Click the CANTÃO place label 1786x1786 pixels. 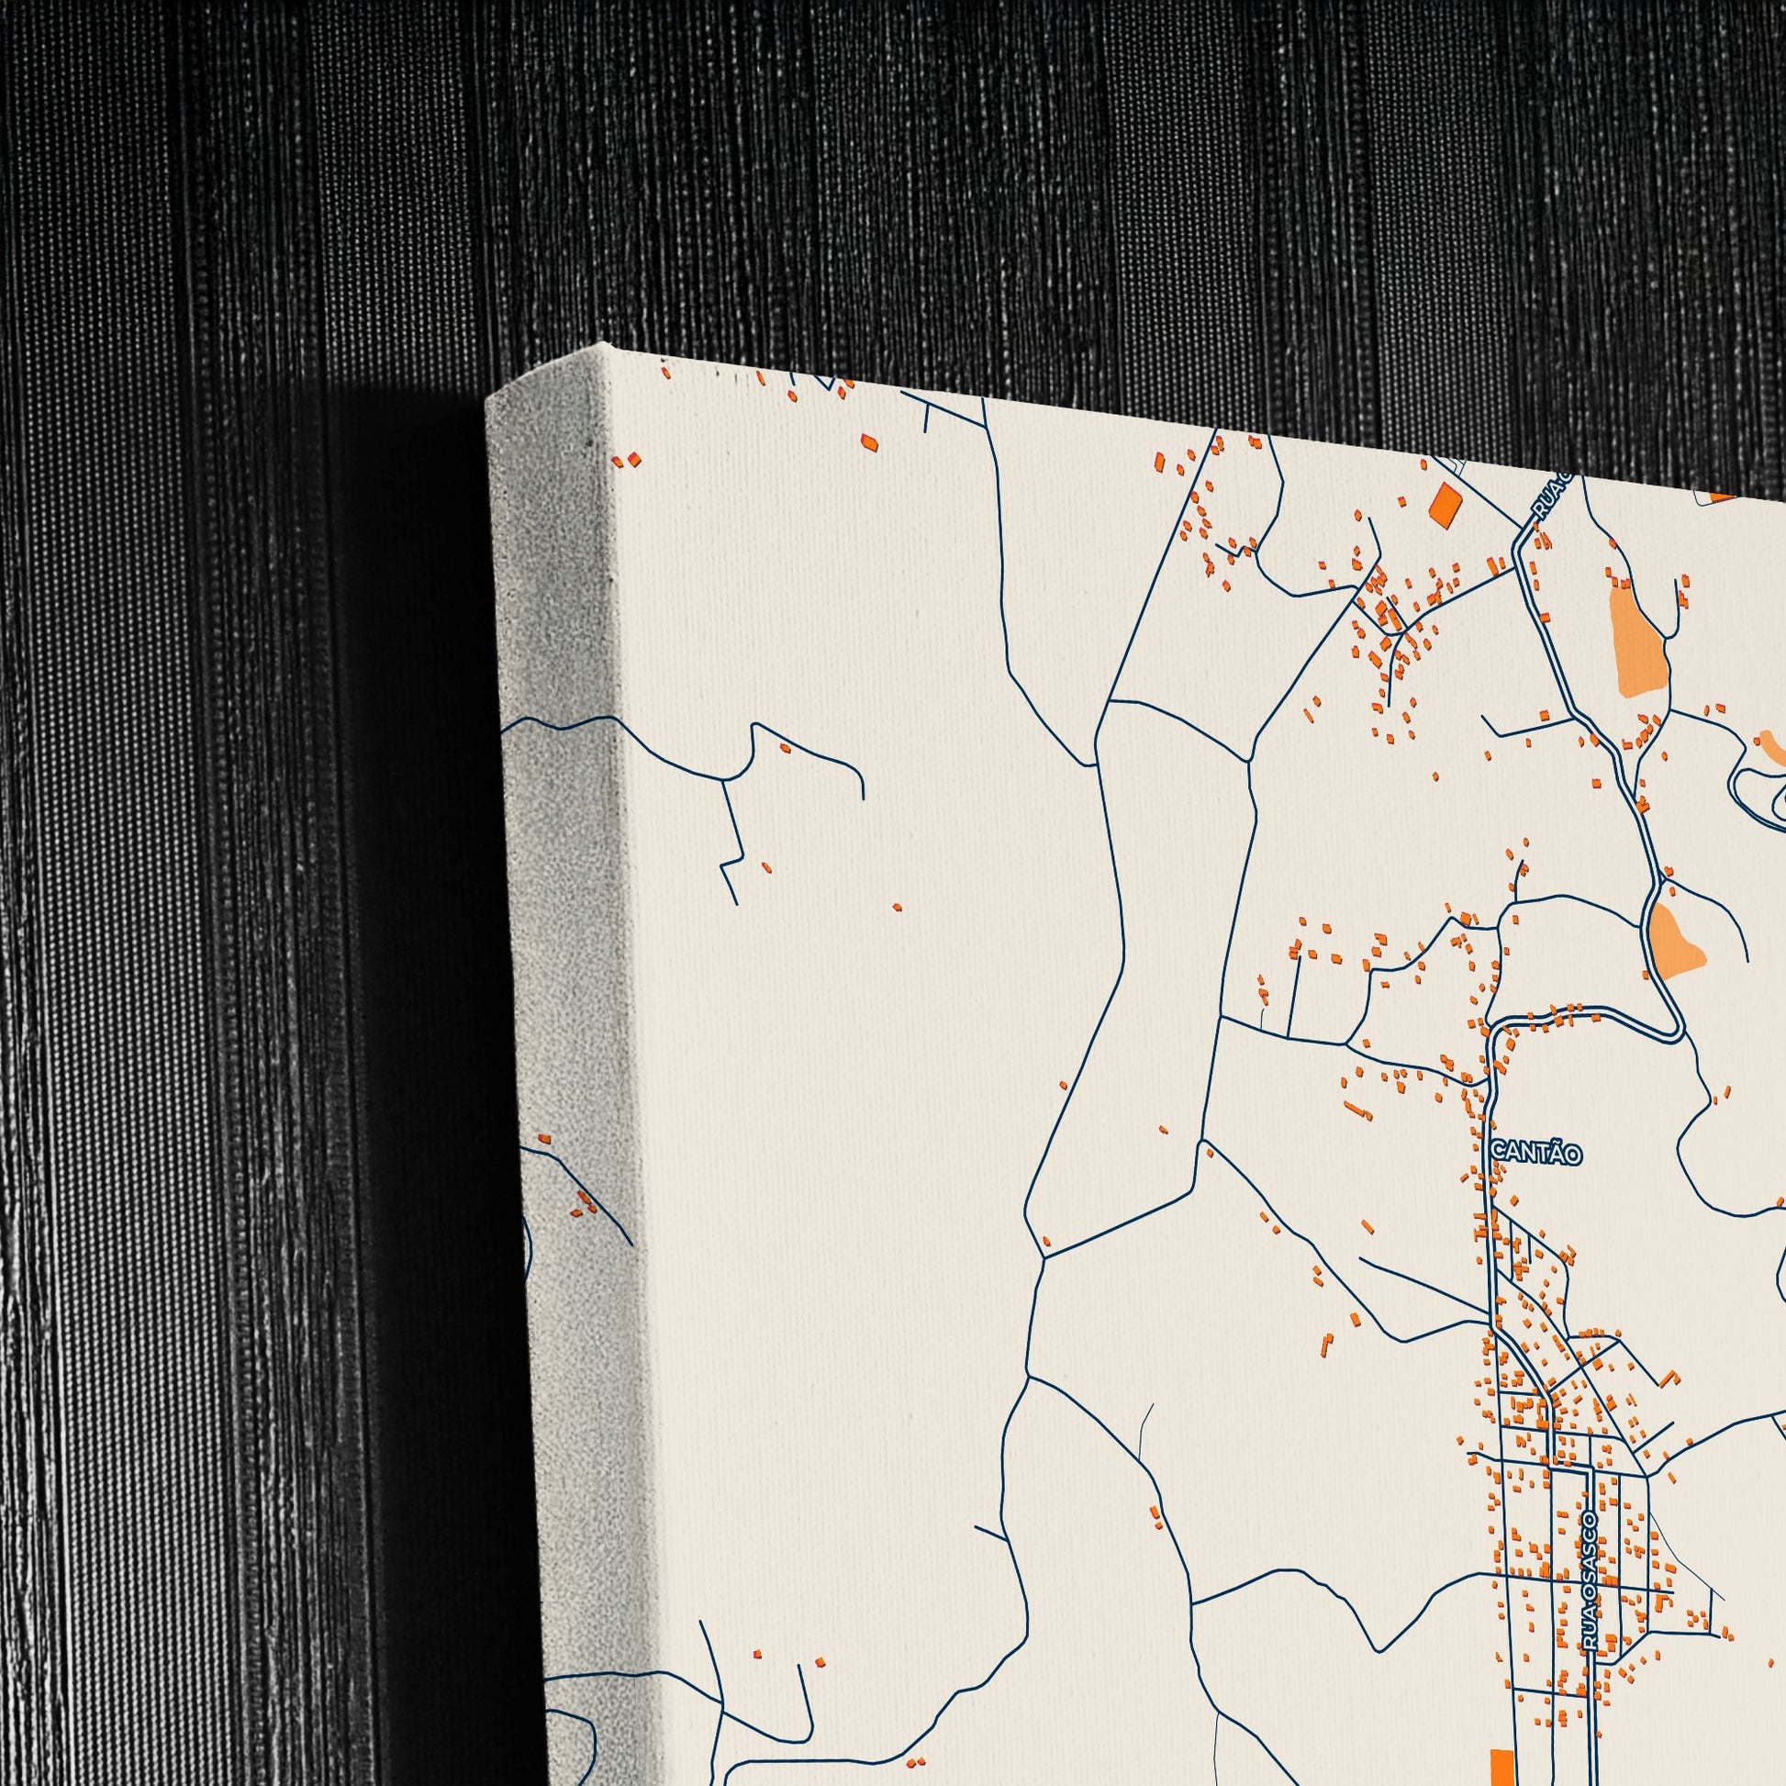pos(1536,1154)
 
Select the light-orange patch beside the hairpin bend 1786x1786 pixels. pos(1676,940)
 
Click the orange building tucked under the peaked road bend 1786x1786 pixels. pos(785,747)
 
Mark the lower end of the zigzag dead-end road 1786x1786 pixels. pos(735,903)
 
